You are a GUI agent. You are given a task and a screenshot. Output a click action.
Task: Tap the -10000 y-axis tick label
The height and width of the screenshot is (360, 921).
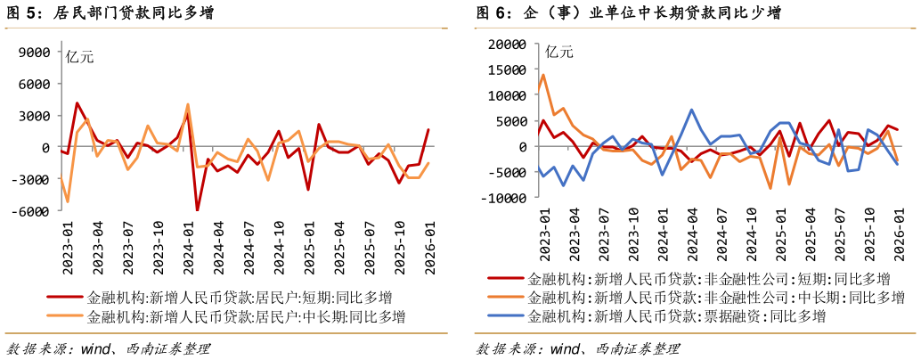pos(504,199)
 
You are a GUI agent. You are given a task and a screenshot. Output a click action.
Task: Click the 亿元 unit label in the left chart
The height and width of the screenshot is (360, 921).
pos(79,57)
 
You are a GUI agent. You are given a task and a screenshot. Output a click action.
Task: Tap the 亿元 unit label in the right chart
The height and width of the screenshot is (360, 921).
pos(559,51)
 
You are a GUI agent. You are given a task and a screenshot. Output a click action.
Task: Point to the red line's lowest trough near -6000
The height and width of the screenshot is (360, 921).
pos(198,210)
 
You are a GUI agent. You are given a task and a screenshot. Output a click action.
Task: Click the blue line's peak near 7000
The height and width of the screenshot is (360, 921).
pos(692,110)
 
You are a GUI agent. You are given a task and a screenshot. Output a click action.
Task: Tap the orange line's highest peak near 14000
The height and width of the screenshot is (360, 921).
pos(543,75)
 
